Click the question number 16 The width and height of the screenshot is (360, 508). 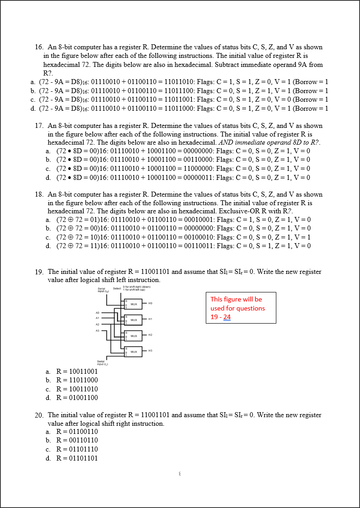pos(38,47)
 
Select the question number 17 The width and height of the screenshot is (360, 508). pos(38,125)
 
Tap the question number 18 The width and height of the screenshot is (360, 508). pos(38,194)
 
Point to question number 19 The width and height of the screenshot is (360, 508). pos(39,272)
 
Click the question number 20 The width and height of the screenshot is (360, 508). pos(39,415)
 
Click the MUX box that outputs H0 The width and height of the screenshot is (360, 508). pos(133,304)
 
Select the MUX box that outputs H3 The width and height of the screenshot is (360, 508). pos(133,351)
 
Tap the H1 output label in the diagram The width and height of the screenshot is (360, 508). pos(150,320)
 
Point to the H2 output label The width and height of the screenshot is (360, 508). pos(150,335)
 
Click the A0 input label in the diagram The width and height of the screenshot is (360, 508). pos(97,312)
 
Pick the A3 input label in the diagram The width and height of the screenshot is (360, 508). pos(97,330)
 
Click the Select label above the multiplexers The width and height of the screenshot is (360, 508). pos(117,288)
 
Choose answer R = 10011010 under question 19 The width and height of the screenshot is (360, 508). pos(76,389)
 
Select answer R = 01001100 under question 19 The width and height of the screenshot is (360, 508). pos(76,398)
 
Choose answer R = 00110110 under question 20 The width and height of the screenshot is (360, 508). pos(76,440)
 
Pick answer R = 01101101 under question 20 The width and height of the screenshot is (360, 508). pos(76,458)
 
